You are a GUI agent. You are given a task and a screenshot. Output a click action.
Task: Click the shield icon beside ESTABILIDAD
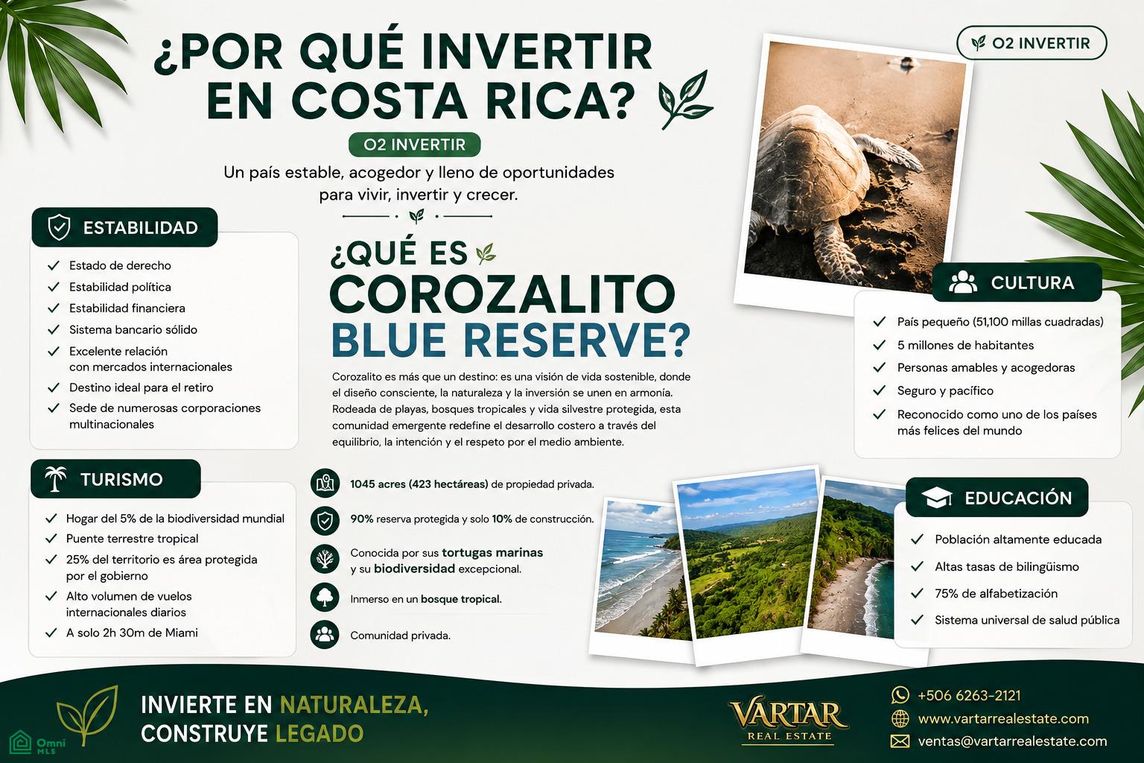[x=59, y=227]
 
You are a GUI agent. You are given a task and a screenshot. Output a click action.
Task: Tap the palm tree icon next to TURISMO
[x=55, y=479]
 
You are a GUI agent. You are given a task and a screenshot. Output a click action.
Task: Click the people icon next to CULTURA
[x=963, y=282]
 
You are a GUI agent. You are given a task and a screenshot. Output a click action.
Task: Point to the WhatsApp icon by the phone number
[x=900, y=695]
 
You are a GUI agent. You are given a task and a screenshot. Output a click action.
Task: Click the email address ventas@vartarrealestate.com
[x=1012, y=741]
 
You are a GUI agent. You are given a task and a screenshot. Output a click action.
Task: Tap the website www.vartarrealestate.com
[x=1003, y=718]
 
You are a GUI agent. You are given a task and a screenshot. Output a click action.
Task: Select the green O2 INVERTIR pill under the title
[x=414, y=145]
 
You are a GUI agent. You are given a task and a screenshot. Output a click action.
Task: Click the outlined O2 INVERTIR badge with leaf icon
[x=1031, y=43]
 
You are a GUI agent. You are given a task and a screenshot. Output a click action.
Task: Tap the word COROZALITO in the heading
[x=503, y=295]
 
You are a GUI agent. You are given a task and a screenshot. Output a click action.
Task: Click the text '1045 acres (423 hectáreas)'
[x=419, y=484]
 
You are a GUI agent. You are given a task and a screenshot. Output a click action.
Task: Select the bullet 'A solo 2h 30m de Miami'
[x=132, y=633]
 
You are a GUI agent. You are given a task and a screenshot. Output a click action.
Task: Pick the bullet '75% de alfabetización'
[x=996, y=593]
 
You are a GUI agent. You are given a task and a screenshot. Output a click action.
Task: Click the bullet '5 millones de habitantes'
[x=965, y=345]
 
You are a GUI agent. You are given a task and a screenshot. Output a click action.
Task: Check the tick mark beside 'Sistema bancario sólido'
[x=54, y=329]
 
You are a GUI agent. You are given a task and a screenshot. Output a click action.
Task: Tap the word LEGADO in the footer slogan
[x=320, y=733]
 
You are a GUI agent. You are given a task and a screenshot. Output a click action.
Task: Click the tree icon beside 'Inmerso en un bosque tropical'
[x=325, y=597]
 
